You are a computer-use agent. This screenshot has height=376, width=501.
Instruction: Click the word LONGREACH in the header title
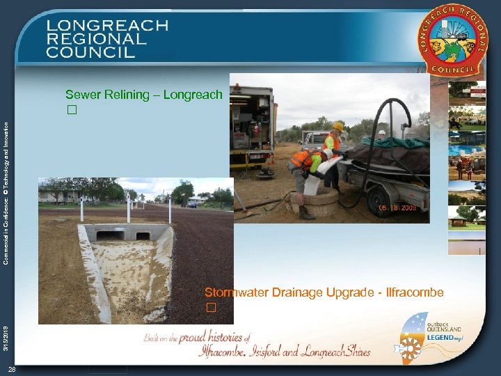coord(108,25)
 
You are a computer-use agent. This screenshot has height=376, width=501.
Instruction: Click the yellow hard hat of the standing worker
coord(339,127)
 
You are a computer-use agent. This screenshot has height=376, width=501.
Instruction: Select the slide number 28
coord(13,369)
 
